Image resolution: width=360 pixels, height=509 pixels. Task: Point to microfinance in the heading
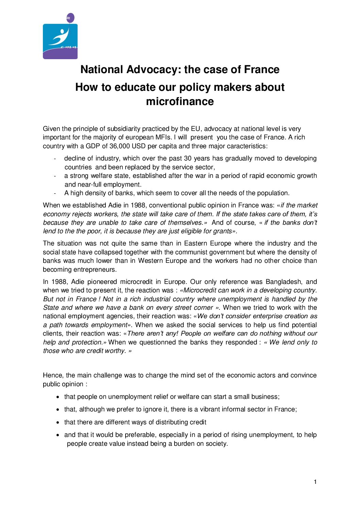(180, 101)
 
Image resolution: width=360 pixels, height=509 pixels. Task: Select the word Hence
(52, 375)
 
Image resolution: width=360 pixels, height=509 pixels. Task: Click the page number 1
(315, 482)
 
